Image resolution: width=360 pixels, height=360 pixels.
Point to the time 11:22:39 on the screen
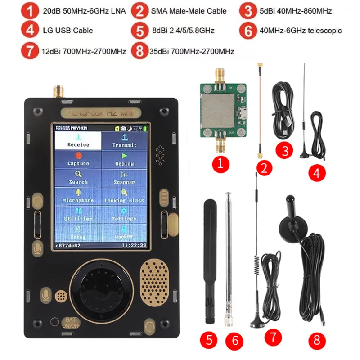(134, 246)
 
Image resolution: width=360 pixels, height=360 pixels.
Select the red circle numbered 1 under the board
(220, 164)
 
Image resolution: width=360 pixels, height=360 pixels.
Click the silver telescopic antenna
(229, 256)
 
